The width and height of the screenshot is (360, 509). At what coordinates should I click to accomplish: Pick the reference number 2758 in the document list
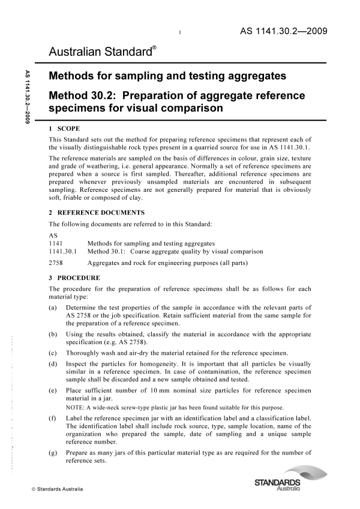coord(55,263)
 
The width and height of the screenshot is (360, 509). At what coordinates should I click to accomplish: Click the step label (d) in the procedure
coord(53,364)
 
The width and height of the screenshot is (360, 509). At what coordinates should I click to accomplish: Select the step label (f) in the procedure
coord(53,421)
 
